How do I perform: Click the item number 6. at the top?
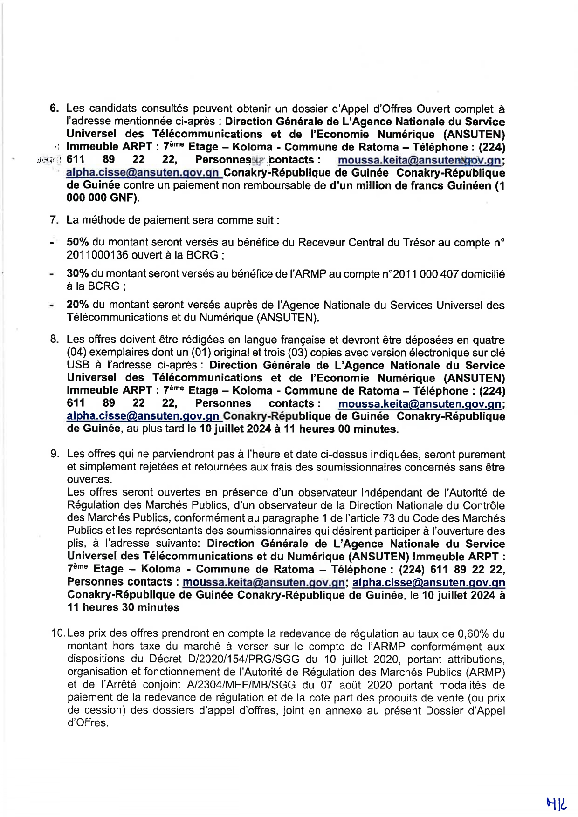point(54,109)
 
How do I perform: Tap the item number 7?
point(54,220)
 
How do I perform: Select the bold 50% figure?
point(78,242)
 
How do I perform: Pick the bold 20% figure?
point(78,305)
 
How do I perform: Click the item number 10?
point(58,633)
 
